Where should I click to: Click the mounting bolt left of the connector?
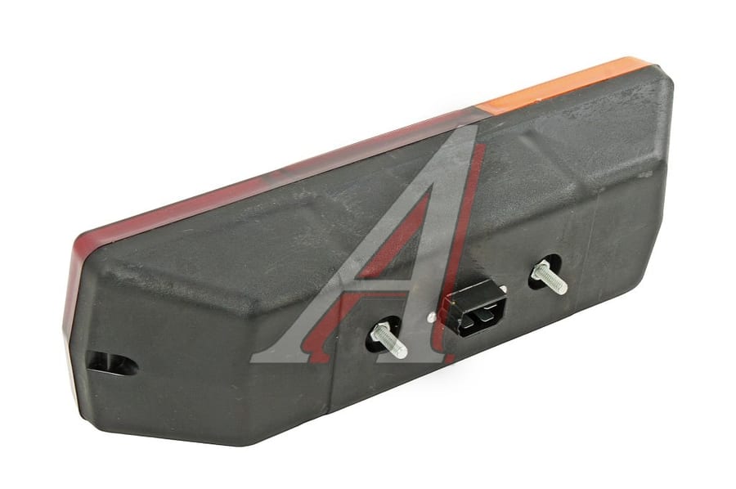pos(388,340)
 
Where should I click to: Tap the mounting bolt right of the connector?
pos(550,277)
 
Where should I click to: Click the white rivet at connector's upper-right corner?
pos(503,289)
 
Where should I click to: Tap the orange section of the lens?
pos(563,84)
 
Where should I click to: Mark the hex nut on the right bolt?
pos(539,271)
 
